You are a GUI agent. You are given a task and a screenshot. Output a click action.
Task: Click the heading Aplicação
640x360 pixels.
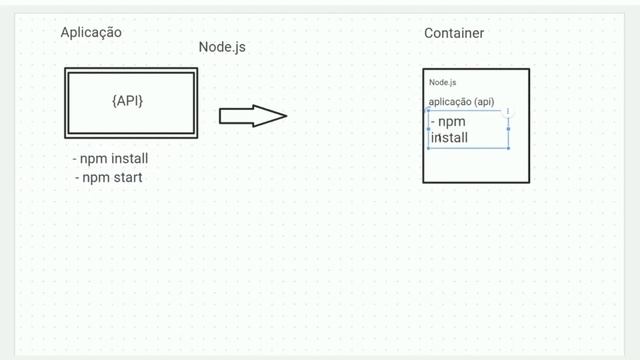[91, 32]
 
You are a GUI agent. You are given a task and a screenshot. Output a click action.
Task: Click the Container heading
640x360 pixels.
[454, 33]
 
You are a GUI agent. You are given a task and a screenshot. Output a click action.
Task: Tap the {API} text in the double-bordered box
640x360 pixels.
[131, 101]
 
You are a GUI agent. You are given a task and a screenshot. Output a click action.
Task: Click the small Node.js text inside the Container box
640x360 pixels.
[443, 82]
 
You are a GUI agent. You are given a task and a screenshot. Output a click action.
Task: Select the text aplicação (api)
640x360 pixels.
[461, 102]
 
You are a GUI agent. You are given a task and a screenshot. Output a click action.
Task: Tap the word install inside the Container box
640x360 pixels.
[449, 138]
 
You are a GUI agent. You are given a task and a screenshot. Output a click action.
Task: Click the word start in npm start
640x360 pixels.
[127, 177]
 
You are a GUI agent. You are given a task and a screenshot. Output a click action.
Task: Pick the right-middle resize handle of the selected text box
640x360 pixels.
[509, 128]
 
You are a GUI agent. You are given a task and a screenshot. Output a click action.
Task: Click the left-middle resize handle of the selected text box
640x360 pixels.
[428, 128]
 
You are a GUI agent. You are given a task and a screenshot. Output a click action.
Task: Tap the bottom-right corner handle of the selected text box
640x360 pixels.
[509, 148]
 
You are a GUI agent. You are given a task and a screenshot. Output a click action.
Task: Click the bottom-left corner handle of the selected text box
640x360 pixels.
[428, 148]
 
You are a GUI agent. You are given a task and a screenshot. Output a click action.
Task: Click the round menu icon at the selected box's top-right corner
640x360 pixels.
[509, 110]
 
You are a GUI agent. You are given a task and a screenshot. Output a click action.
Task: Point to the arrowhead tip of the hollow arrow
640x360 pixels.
[286, 116]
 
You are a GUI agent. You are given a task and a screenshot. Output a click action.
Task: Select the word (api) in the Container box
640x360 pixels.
[484, 102]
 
